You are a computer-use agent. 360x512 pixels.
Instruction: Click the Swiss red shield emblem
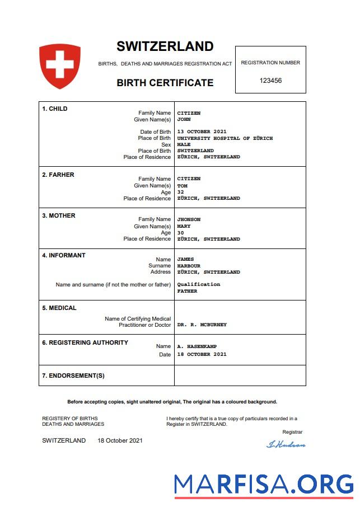click(59, 65)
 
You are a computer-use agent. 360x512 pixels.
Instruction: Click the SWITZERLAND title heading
click(165, 46)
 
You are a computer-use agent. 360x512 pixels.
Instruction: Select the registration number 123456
click(270, 81)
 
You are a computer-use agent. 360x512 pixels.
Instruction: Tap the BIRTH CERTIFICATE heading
click(165, 83)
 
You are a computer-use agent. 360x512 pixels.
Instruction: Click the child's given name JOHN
click(184, 119)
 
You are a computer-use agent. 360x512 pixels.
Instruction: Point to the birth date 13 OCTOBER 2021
click(202, 132)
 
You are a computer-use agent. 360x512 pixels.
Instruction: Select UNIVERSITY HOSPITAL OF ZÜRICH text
click(225, 138)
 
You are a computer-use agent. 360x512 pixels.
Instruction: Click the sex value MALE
click(184, 144)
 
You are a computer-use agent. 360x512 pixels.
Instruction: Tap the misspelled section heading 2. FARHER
click(58, 175)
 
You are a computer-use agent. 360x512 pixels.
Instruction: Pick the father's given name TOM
click(182, 186)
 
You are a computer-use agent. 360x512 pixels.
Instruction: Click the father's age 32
click(180, 192)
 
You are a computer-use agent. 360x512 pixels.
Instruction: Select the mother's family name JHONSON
click(189, 219)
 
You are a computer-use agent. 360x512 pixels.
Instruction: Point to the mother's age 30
click(180, 233)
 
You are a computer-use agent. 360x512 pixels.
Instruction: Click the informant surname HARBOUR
click(189, 266)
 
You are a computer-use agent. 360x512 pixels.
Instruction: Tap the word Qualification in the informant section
click(199, 284)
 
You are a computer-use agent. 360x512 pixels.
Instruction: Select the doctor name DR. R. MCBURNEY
click(202, 325)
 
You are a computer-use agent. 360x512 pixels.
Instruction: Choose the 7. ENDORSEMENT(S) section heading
click(73, 375)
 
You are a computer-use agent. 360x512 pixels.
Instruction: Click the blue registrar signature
click(286, 444)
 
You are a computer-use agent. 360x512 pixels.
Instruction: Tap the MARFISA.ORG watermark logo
click(263, 484)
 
